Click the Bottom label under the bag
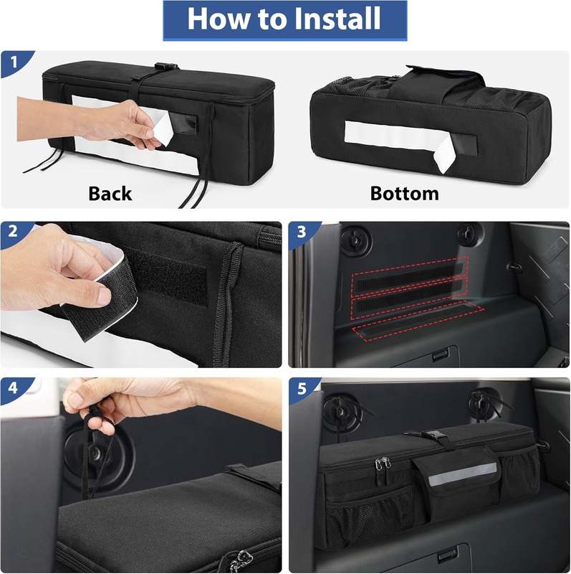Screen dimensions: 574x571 404,193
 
